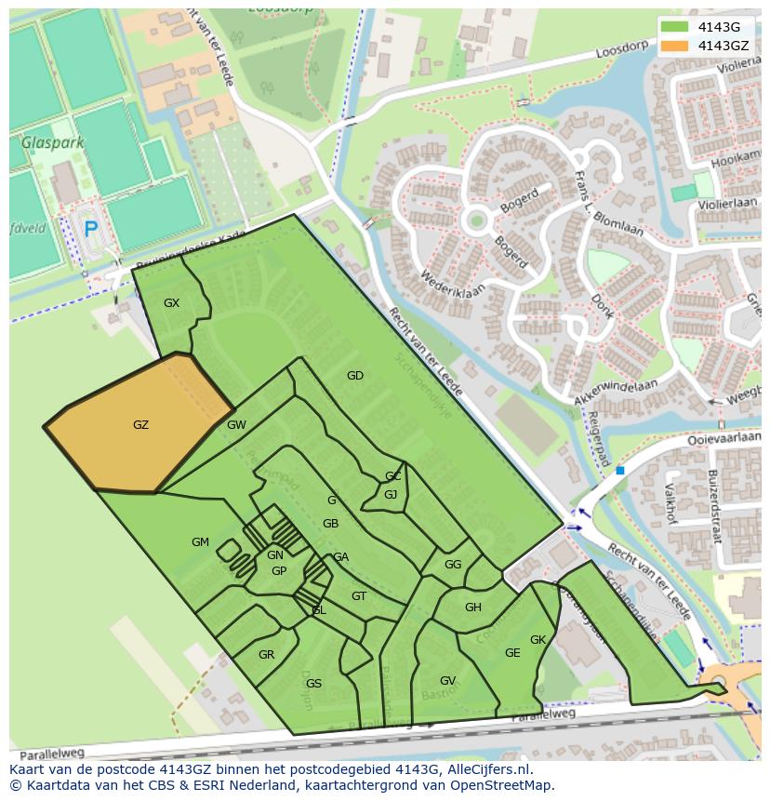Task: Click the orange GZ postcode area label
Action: click(x=140, y=425)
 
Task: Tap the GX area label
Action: click(x=171, y=303)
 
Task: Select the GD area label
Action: click(x=354, y=376)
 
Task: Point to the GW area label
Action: click(x=236, y=425)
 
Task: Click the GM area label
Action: click(x=200, y=542)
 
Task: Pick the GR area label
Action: click(x=266, y=655)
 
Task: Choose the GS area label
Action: click(x=313, y=684)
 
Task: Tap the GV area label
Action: click(x=447, y=681)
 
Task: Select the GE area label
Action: click(x=512, y=653)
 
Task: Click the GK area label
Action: click(x=538, y=640)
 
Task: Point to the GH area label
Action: click(x=473, y=607)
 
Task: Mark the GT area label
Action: click(x=359, y=596)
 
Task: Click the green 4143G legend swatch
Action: click(x=675, y=26)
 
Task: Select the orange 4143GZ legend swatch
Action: click(x=675, y=45)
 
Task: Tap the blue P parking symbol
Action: click(x=90, y=229)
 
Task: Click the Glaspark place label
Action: click(x=52, y=143)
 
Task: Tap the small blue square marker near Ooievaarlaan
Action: click(x=619, y=471)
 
